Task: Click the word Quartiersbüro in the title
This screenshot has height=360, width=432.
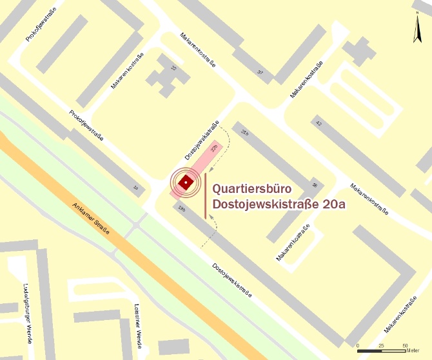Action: coord(252,190)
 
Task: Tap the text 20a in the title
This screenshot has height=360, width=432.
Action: coord(328,206)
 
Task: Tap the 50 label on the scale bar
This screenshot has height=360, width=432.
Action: coord(405,345)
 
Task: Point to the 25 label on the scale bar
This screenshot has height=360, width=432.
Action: coord(381,345)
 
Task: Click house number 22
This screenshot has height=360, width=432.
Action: coord(173,68)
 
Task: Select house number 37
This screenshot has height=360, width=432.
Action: coord(260,72)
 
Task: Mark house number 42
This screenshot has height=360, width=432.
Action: coord(318,121)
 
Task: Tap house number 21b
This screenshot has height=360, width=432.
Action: coord(244,132)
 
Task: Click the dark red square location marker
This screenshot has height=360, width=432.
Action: coord(185,183)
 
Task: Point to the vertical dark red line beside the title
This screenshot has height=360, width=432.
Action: coord(206,195)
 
